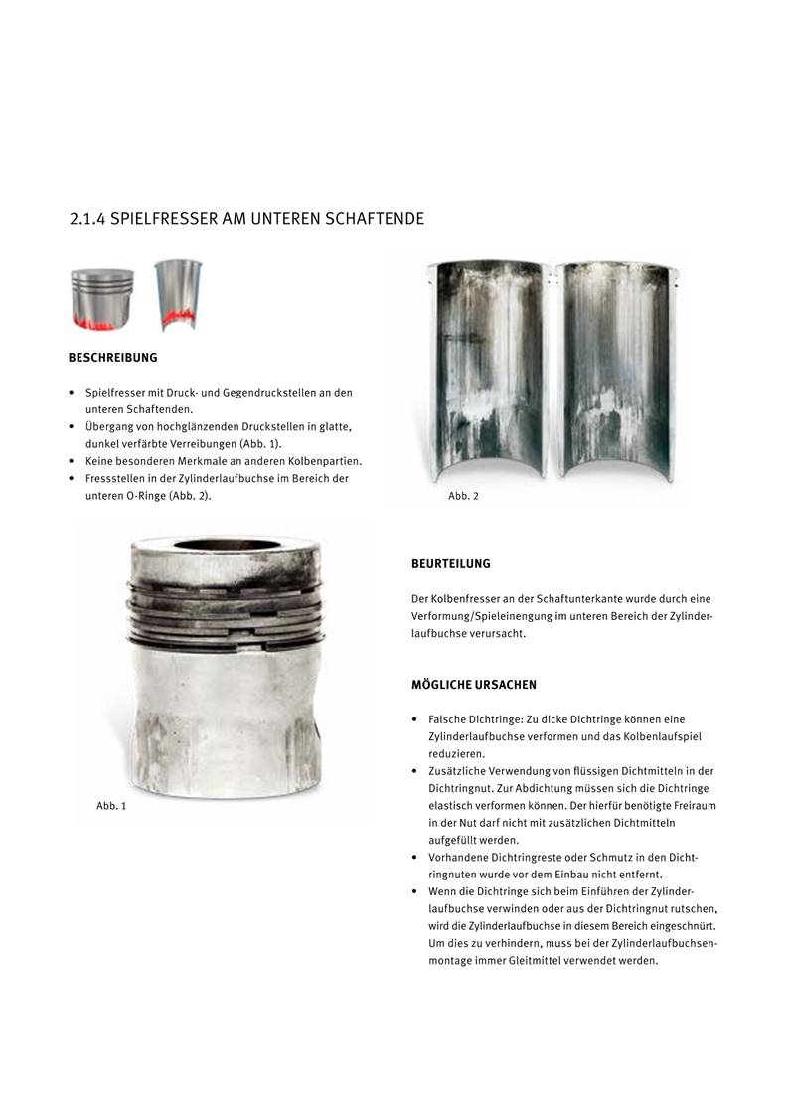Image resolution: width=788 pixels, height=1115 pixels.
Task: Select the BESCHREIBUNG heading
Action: click(112, 357)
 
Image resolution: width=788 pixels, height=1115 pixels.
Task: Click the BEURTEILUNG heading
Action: click(451, 564)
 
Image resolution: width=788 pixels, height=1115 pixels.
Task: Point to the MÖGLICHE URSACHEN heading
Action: click(474, 685)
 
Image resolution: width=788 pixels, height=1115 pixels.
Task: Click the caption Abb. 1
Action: click(111, 805)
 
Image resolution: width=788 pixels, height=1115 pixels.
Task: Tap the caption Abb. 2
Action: click(463, 496)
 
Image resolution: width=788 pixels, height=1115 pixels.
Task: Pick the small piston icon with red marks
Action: click(102, 298)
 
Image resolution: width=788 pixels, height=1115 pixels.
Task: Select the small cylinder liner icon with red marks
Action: click(178, 295)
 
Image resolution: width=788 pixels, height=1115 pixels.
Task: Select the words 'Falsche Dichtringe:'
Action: click(471, 718)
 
